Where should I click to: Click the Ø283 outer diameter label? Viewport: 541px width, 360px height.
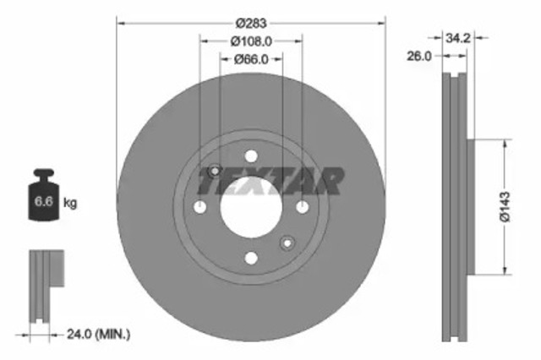tap(251, 20)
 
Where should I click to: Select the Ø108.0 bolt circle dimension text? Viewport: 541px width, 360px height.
tap(250, 40)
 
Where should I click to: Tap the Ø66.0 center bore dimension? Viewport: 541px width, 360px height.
tap(250, 58)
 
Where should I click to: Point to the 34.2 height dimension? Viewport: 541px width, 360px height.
tap(456, 37)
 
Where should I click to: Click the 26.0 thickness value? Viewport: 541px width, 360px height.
tap(419, 56)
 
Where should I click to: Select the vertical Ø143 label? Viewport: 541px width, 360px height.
tap(505, 206)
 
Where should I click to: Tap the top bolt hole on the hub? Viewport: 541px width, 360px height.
tap(251, 156)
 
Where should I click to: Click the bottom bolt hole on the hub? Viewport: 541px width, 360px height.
tap(251, 259)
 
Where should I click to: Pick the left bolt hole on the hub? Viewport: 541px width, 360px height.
tap(200, 208)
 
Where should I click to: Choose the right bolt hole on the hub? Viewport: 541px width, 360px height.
tap(303, 208)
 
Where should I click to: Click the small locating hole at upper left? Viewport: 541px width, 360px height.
tap(215, 172)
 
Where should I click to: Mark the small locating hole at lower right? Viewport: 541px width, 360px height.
tap(287, 243)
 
